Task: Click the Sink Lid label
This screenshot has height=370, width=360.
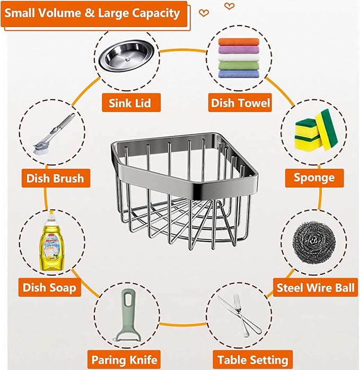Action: pyautogui.click(x=131, y=102)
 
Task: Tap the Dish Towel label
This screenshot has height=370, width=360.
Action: pyautogui.click(x=240, y=102)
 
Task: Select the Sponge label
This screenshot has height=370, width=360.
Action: pyautogui.click(x=314, y=178)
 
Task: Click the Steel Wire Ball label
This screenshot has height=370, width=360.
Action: pyautogui.click(x=315, y=288)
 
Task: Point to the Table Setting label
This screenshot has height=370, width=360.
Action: pyautogui.click(x=253, y=360)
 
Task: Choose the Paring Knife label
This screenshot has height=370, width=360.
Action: pyautogui.click(x=124, y=360)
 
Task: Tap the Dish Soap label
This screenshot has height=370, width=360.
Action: pyautogui.click(x=49, y=287)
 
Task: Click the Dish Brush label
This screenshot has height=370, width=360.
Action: pyautogui.click(x=56, y=178)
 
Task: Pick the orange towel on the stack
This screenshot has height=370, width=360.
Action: pyautogui.click(x=239, y=42)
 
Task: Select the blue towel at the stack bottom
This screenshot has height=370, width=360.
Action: pyautogui.click(x=239, y=74)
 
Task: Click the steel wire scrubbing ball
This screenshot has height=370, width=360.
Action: pyautogui.click(x=314, y=243)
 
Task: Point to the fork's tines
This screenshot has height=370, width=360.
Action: pyautogui.click(x=236, y=300)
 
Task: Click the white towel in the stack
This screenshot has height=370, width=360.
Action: pyautogui.click(x=239, y=58)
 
